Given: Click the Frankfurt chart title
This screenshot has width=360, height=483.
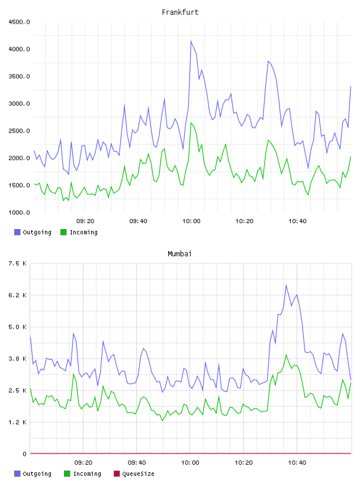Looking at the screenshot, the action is [180, 12].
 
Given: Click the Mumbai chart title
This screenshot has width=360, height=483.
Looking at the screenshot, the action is [179, 254].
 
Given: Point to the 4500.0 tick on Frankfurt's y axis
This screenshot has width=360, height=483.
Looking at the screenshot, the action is [19, 22].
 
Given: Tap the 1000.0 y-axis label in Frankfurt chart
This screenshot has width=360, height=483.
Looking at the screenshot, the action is [19, 212].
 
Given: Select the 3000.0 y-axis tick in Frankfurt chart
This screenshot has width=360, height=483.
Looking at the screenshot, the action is [19, 104].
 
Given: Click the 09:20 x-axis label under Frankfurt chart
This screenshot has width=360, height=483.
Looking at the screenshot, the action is [85, 221].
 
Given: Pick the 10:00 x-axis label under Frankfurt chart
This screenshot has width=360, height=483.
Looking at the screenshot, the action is [191, 221].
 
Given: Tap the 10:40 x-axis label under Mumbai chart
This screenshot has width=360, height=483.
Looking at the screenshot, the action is [297, 463].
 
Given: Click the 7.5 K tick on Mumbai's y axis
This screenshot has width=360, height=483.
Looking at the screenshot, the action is [17, 263].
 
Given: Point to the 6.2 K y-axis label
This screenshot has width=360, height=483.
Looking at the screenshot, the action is [17, 295].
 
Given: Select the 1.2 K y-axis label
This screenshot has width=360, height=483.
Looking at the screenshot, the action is [17, 422].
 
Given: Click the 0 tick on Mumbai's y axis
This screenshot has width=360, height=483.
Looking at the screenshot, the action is [24, 454].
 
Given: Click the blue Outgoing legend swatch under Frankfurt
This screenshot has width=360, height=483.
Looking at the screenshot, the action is [17, 232].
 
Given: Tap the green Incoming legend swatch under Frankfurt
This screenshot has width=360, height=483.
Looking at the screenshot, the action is [63, 232].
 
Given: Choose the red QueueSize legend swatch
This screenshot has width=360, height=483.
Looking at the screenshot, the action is [117, 474].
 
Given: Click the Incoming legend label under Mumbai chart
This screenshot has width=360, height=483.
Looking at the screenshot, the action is [87, 474].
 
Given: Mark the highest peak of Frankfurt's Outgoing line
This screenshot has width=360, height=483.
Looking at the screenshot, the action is [191, 41].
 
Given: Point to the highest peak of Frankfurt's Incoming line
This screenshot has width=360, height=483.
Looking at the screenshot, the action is [191, 123].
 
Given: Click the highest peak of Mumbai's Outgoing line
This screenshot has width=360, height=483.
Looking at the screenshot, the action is [286, 285].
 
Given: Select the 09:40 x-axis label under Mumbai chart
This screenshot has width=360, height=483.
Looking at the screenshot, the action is [137, 463].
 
